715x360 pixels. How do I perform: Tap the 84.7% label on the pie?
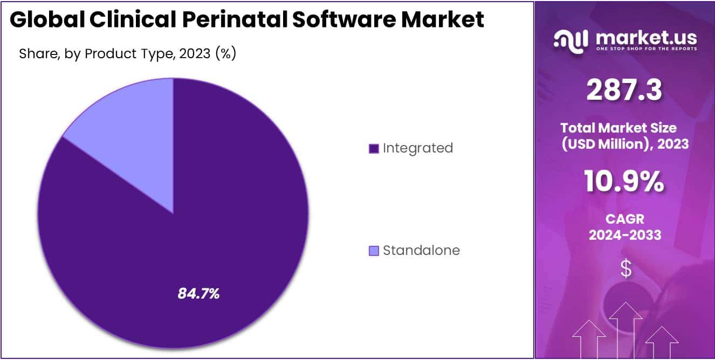tap(199, 294)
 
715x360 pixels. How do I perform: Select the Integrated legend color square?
tap(374, 148)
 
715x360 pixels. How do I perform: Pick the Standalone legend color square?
tap(374, 251)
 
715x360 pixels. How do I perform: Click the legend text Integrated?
tap(418, 148)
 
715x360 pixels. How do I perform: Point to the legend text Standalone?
tap(421, 251)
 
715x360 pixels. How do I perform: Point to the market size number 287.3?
tap(624, 91)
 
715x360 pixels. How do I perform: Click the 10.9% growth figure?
tap(624, 182)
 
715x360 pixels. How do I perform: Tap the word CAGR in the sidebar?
tap(624, 219)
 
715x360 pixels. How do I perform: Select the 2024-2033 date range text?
tap(624, 235)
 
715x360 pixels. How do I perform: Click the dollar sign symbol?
tap(625, 268)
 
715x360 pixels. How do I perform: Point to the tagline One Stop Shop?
tap(645, 49)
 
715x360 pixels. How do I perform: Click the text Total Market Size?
tap(618, 128)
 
